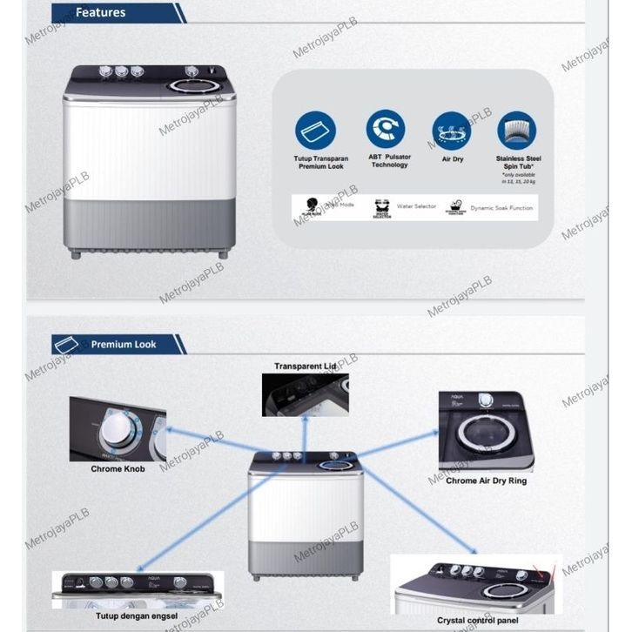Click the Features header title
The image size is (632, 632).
pyautogui.click(x=100, y=13)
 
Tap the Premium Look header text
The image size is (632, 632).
pyautogui.click(x=124, y=345)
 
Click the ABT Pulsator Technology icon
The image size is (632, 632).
pyautogui.click(x=386, y=129)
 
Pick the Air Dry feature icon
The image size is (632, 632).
pyautogui.click(x=451, y=130)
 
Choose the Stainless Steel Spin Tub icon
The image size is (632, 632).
pyautogui.click(x=517, y=130)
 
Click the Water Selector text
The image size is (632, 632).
pyautogui.click(x=416, y=207)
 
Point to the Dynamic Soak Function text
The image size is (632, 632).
pyautogui.click(x=501, y=208)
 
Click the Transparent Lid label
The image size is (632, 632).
pyautogui.click(x=305, y=366)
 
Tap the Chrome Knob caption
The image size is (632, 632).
pyautogui.click(x=118, y=469)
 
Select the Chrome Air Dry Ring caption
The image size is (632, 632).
pyautogui.click(x=486, y=481)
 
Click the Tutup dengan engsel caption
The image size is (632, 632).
pyautogui.click(x=137, y=616)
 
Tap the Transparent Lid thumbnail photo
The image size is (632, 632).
pyautogui.click(x=305, y=394)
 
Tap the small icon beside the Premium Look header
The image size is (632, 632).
pyautogui.click(x=66, y=345)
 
